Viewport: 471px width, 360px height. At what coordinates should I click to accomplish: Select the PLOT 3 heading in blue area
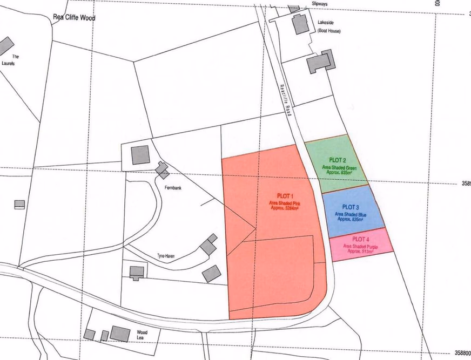coord(351,207)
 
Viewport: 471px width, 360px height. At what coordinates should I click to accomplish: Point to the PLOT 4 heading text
coord(361,239)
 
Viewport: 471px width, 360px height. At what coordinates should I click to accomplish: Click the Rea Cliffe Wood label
coord(74,17)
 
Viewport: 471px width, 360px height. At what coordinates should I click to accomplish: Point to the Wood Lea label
coord(142,335)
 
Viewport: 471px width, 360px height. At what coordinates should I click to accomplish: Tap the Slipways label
coord(320,3)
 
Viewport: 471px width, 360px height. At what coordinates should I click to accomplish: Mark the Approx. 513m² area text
coord(361,251)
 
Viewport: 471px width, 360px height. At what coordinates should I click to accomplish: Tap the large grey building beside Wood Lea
coord(120,334)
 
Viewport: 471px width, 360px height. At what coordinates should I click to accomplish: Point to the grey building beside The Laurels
coord(5,46)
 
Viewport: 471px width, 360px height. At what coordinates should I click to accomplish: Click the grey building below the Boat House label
coord(321,63)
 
